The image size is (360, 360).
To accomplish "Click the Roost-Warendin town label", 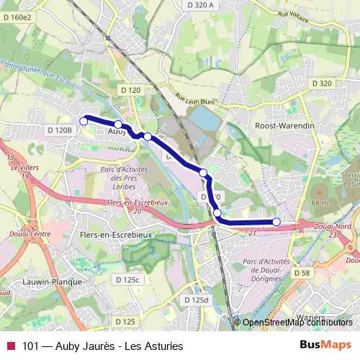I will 286,125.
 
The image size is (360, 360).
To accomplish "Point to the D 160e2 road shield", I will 17,16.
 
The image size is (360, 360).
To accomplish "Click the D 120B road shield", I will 60,130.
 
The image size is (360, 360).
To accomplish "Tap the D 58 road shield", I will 302,274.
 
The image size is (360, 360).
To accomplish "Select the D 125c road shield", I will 131,279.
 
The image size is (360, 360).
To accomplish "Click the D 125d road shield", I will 194,299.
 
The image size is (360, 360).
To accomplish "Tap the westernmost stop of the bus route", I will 83,122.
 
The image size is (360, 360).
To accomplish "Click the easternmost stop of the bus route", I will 276,222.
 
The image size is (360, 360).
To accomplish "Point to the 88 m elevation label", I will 319,204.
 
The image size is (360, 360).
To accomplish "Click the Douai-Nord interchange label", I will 332,229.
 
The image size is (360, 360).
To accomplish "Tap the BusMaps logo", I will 324,346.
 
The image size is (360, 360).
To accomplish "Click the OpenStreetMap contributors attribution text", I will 297,323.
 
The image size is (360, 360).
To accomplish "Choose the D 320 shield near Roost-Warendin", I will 323,84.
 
